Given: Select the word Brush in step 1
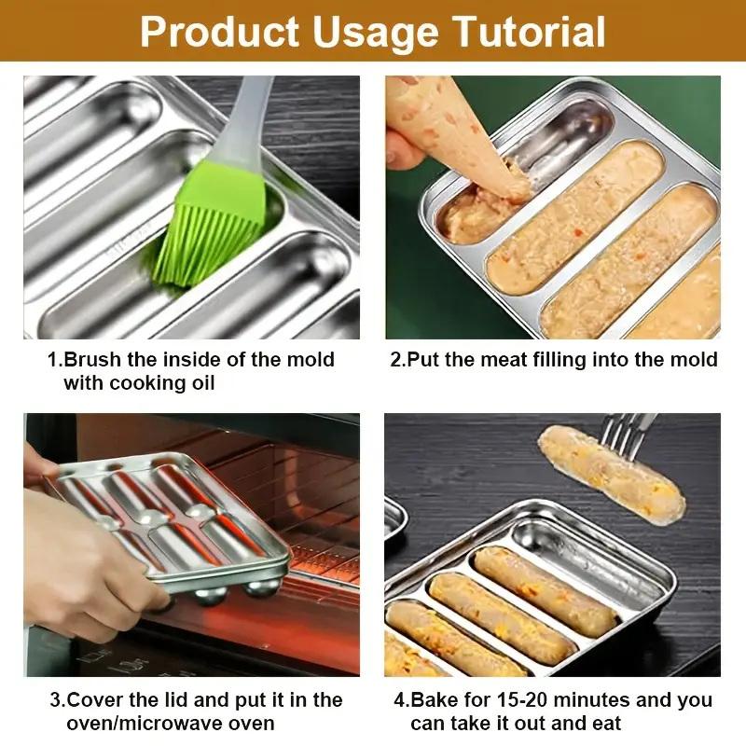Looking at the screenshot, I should point(94,359).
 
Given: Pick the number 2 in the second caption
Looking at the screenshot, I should point(395,359).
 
